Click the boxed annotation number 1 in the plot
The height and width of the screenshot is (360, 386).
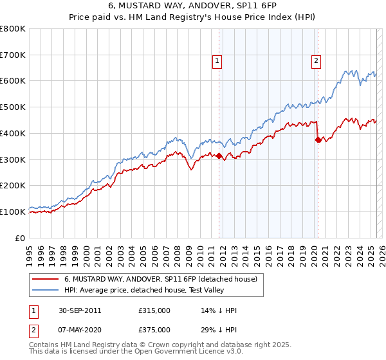tap(217, 61)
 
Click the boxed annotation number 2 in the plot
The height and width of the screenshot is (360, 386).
tap(317, 61)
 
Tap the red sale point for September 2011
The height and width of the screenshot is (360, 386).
tap(219, 156)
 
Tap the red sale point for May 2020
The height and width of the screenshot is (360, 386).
tap(317, 139)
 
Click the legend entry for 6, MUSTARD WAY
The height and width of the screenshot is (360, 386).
tap(161, 279)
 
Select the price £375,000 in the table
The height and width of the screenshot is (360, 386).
tap(154, 329)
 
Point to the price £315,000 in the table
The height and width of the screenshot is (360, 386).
tap(154, 310)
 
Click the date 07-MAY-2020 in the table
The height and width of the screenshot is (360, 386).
tap(79, 329)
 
